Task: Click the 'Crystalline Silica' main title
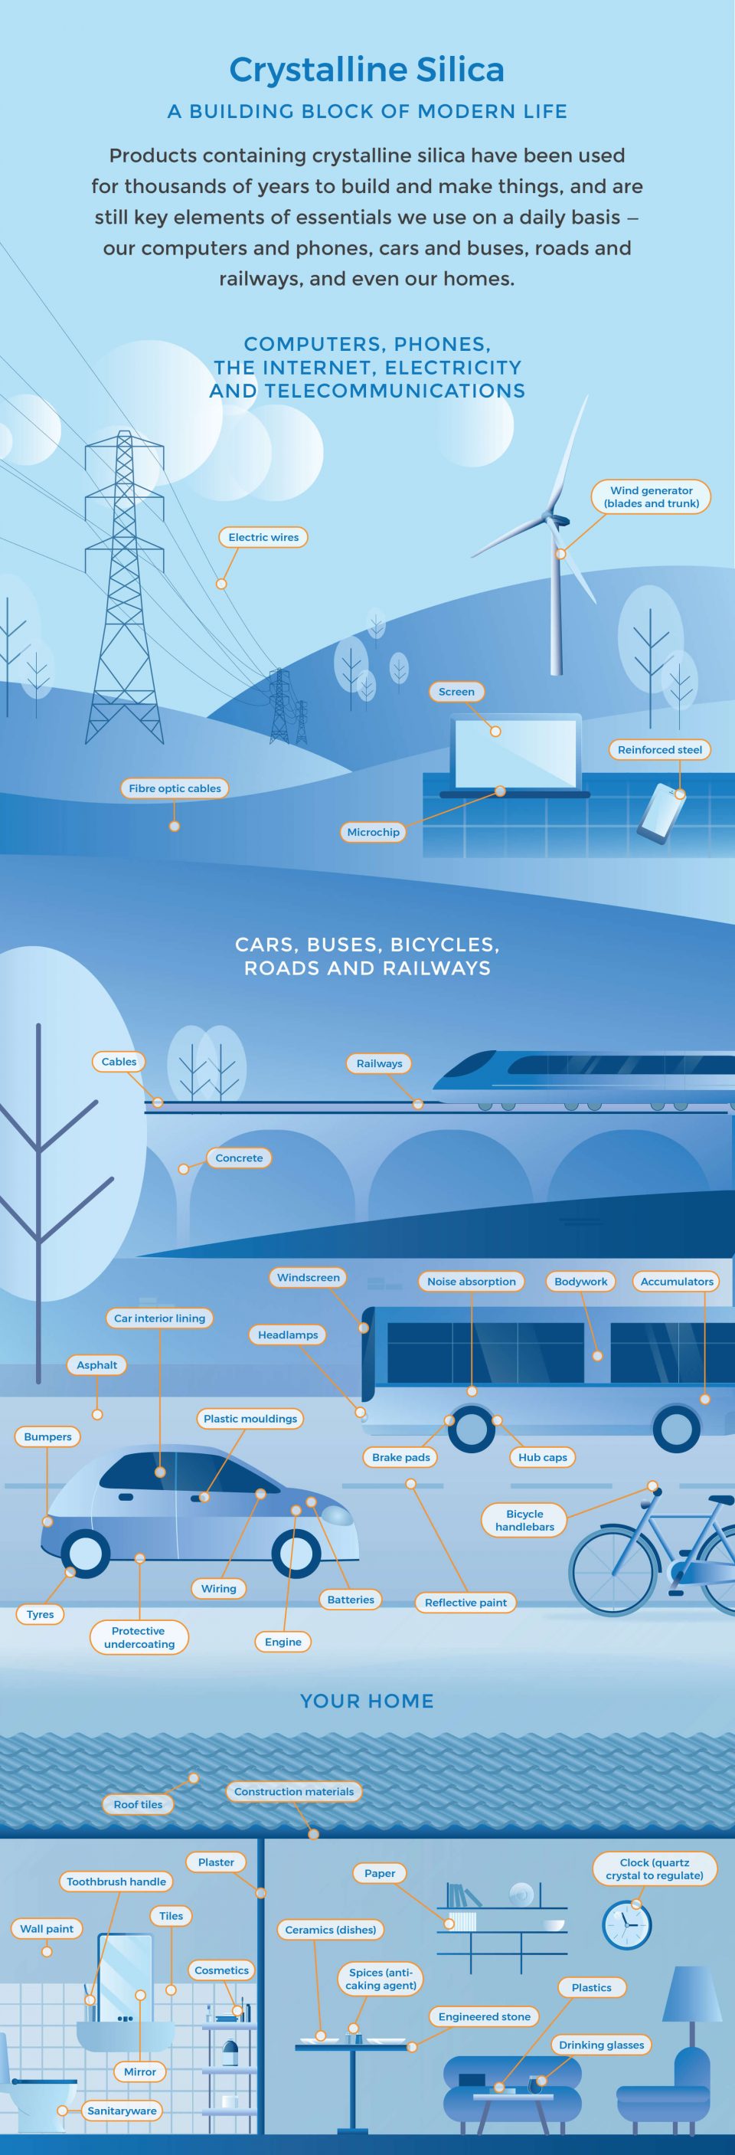pyautogui.click(x=366, y=70)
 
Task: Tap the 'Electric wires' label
pyautogui.click(x=263, y=537)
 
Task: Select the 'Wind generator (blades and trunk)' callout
pyautogui.click(x=651, y=497)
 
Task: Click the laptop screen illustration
pyautogui.click(x=515, y=752)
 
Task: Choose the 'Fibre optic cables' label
pyautogui.click(x=175, y=788)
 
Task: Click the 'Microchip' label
pyautogui.click(x=373, y=831)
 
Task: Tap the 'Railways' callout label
pyautogui.click(x=379, y=1063)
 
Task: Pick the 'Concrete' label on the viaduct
pyautogui.click(x=239, y=1158)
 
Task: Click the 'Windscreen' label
pyautogui.click(x=309, y=1277)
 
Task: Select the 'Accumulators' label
pyautogui.click(x=677, y=1281)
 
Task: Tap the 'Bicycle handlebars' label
pyautogui.click(x=524, y=1520)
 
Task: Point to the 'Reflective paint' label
pyautogui.click(x=465, y=1602)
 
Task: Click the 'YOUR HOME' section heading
pyautogui.click(x=367, y=1701)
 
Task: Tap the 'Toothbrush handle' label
pyautogui.click(x=116, y=1882)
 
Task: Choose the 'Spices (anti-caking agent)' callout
pyautogui.click(x=381, y=1979)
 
